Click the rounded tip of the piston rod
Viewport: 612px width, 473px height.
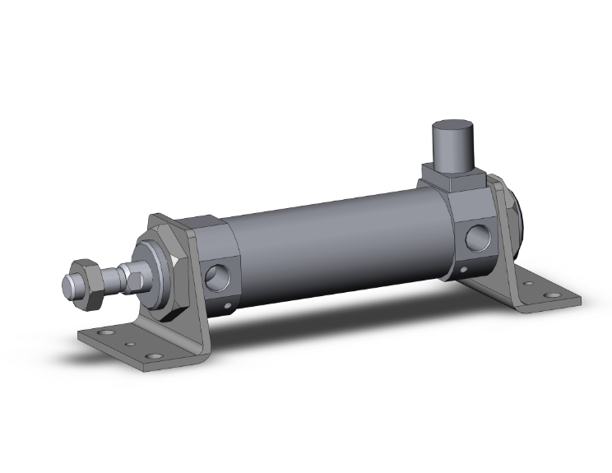pyautogui.click(x=69, y=286)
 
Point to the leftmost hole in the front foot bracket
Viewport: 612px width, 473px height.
pyautogui.click(x=104, y=334)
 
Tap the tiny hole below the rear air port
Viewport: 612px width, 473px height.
pyautogui.click(x=465, y=271)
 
